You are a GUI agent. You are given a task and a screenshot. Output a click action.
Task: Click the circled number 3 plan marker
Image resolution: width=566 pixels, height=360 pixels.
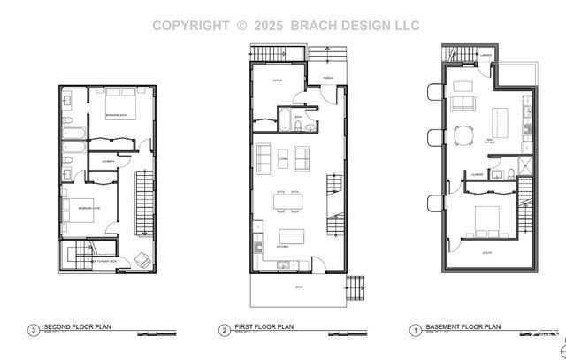(33, 331)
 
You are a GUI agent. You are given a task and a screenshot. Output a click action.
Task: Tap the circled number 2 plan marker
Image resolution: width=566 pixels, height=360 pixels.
(224, 328)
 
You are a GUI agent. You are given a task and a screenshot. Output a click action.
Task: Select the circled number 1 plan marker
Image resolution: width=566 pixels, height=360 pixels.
(414, 328)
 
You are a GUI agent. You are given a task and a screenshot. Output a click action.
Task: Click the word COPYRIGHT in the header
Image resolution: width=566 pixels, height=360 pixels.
(193, 26)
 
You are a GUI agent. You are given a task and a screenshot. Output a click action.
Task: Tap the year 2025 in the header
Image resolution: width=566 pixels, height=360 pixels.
(268, 26)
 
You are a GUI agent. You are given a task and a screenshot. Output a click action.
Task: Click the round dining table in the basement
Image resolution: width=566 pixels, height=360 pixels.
(463, 134)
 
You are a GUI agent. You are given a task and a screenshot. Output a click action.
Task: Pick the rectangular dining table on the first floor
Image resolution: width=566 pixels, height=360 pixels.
(289, 202)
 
